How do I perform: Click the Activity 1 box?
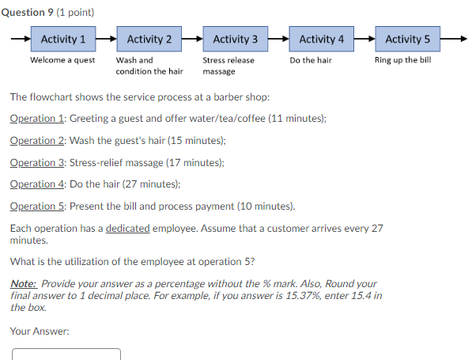(63, 39)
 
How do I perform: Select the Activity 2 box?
(149, 39)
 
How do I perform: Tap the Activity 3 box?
(236, 39)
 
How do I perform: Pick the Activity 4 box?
(322, 39)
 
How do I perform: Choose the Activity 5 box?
(408, 39)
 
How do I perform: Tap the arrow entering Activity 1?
(21, 39)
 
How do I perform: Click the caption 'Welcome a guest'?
(62, 60)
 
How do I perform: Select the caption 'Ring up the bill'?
(402, 60)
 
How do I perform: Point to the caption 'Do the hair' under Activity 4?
(311, 60)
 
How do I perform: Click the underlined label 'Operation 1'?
(37, 118)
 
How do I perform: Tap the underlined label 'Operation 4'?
(37, 184)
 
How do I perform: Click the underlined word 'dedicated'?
(128, 228)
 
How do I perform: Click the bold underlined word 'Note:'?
(23, 283)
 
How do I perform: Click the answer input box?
(66, 354)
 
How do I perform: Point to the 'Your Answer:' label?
(40, 331)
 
